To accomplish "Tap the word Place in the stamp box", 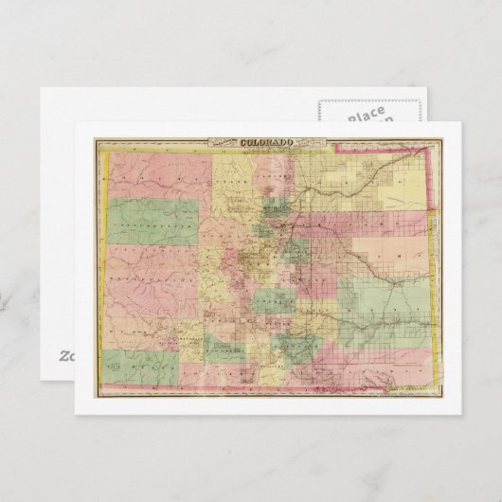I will click(x=366, y=115).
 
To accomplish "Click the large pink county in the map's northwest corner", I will click(x=152, y=175).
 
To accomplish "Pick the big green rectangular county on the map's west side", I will click(x=152, y=221).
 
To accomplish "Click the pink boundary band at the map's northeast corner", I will click(x=432, y=166).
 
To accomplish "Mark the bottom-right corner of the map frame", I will click(x=437, y=396).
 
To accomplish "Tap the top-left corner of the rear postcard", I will click(x=43, y=90).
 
